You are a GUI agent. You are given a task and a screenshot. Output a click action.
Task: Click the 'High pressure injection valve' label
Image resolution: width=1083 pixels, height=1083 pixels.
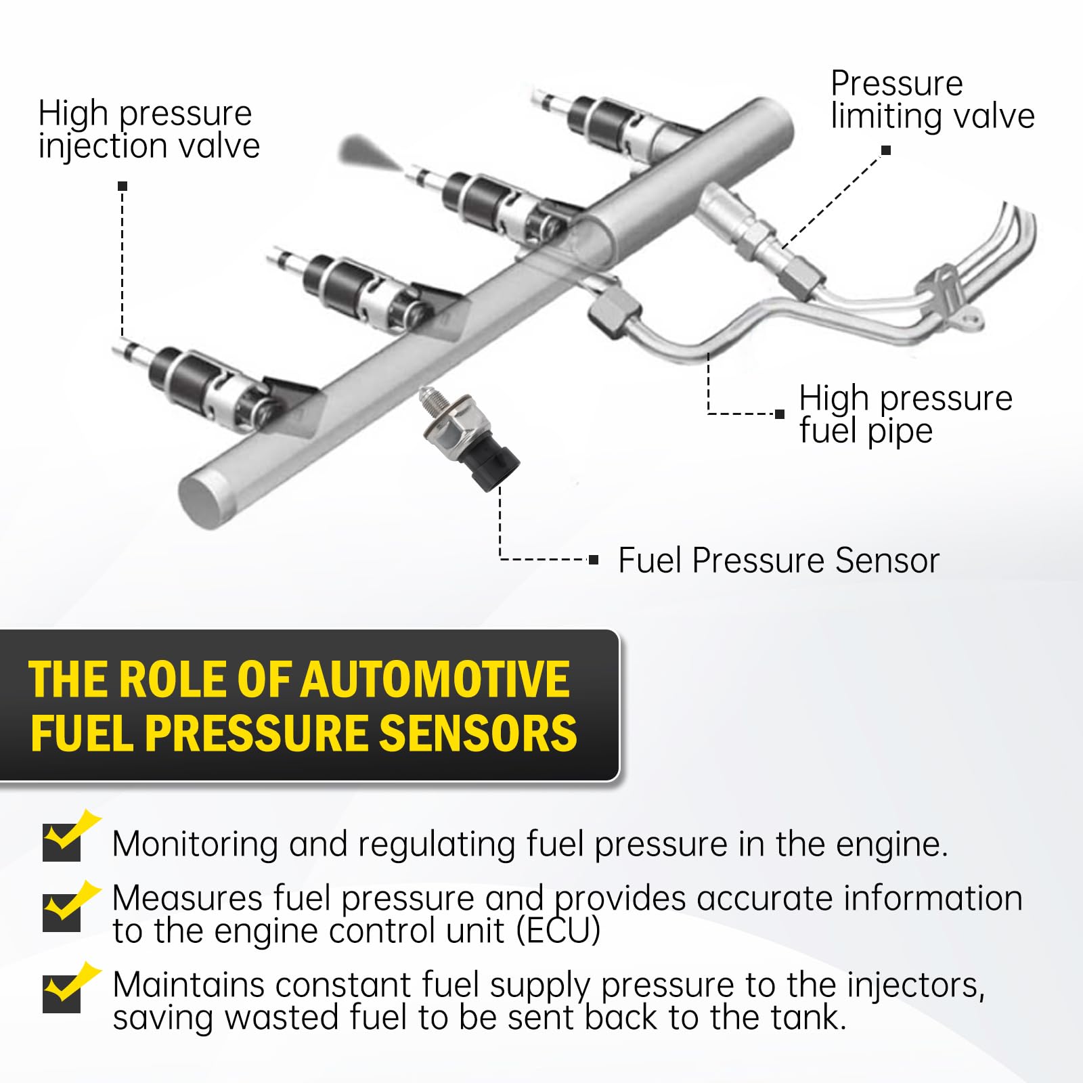click(x=149, y=129)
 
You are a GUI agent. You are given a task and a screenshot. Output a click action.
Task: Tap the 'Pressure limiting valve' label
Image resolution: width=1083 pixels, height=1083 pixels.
click(x=932, y=100)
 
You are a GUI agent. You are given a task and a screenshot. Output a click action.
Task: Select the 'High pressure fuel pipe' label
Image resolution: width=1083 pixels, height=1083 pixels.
click(x=905, y=414)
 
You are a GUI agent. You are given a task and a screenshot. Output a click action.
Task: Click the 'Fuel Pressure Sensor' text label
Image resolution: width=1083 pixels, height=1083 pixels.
click(x=778, y=560)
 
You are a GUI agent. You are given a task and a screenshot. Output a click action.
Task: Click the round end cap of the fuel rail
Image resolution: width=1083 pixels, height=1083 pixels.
click(x=200, y=501)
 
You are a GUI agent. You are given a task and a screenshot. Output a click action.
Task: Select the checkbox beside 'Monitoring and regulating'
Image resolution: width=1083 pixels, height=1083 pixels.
click(x=62, y=842)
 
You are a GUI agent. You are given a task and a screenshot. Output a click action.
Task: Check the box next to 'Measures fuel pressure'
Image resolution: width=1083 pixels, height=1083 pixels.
click(x=62, y=912)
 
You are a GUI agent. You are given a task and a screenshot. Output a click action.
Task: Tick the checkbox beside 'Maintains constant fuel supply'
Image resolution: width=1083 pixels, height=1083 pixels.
click(x=62, y=993)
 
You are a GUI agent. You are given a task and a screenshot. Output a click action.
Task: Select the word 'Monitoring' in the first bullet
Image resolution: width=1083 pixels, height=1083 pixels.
click(x=195, y=844)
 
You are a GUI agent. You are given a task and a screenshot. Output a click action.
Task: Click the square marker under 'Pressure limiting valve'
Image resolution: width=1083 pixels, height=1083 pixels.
click(x=886, y=150)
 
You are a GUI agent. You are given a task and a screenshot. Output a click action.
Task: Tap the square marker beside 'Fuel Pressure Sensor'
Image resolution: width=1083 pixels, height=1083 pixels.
click(x=594, y=560)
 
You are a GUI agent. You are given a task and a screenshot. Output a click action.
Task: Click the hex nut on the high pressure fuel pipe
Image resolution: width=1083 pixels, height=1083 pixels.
click(x=613, y=311)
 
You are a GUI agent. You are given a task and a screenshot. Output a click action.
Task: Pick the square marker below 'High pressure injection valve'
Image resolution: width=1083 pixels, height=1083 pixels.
click(x=123, y=186)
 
